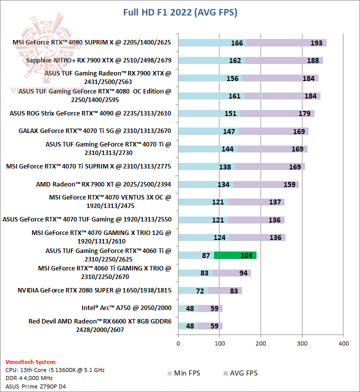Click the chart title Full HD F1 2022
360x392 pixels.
[180, 12]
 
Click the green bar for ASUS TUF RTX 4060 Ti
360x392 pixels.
[235, 255]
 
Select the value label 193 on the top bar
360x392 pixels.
[316, 43]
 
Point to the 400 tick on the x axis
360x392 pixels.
[343, 343]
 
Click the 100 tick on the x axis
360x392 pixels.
[219, 343]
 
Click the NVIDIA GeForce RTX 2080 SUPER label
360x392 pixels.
[94, 290]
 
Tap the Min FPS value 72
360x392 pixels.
[200, 290]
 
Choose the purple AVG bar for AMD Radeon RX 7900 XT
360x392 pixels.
[266, 184]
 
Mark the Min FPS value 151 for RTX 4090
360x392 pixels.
[230, 113]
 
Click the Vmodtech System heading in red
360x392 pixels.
[30, 361]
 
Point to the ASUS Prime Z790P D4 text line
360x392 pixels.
[35, 386]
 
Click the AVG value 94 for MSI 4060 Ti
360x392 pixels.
[243, 273]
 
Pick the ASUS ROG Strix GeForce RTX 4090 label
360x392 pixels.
[90, 113]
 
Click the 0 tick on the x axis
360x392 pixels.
[178, 343]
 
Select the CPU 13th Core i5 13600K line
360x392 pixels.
[55, 370]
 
